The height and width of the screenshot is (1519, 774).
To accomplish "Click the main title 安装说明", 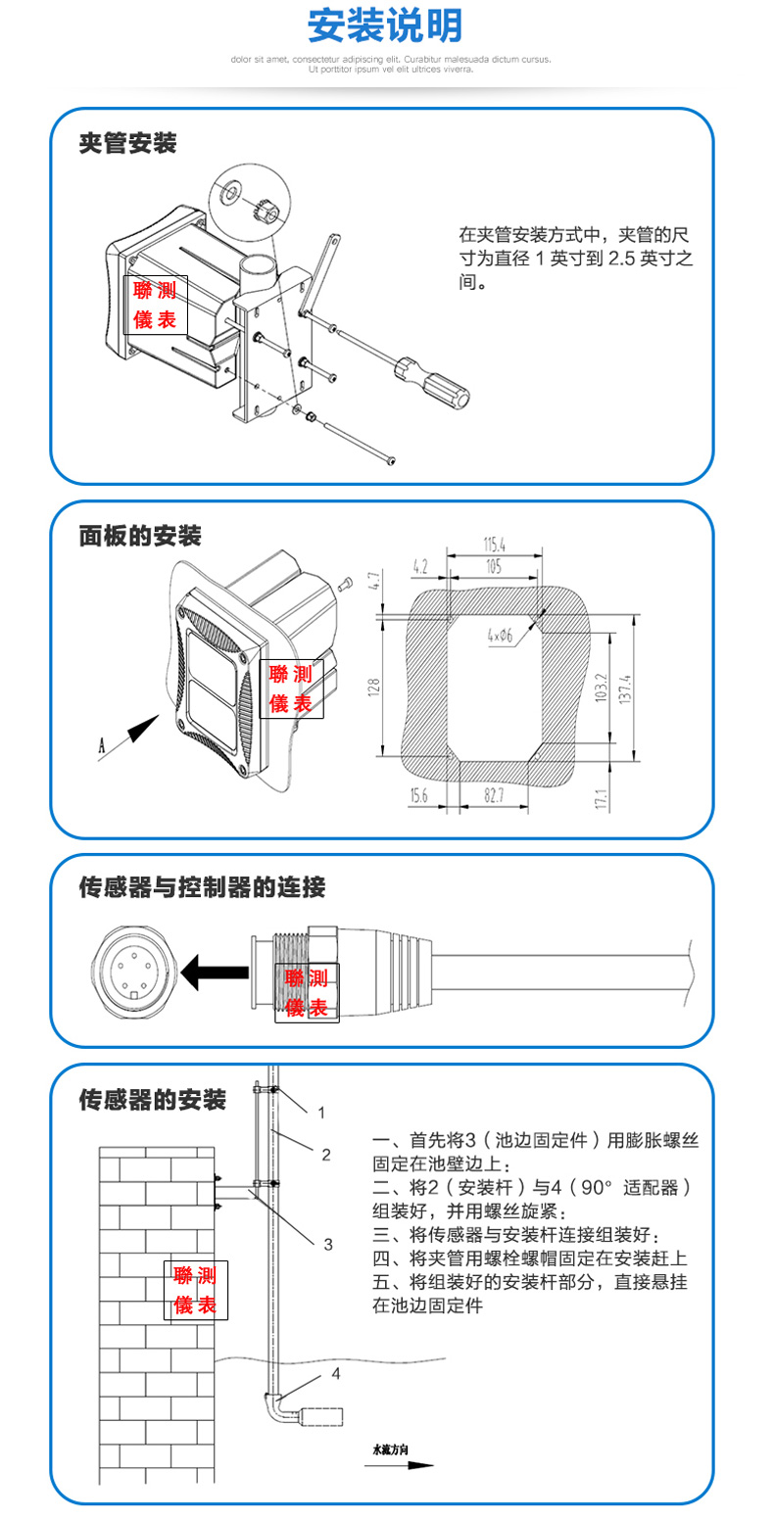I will pyautogui.click(x=385, y=26).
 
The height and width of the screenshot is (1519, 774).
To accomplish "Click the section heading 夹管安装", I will pyautogui.click(x=127, y=144).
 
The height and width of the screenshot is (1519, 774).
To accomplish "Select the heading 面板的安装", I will pyautogui.click(x=140, y=536).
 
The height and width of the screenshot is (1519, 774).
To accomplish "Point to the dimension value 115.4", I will pyautogui.click(x=494, y=545).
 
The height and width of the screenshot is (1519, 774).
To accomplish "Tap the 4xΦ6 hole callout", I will pyautogui.click(x=500, y=636).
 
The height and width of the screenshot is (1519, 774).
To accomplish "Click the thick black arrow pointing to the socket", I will pyautogui.click(x=216, y=973).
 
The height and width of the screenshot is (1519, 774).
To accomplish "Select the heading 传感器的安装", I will pyautogui.click(x=152, y=1100).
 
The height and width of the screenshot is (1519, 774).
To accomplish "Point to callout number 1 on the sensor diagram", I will pyautogui.click(x=320, y=1112).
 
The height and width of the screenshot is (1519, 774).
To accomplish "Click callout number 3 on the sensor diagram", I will pyautogui.click(x=328, y=1244).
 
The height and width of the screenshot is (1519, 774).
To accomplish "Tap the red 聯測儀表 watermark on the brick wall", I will pyautogui.click(x=195, y=1290).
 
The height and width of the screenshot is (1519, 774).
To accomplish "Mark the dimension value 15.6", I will pyautogui.click(x=419, y=795).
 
